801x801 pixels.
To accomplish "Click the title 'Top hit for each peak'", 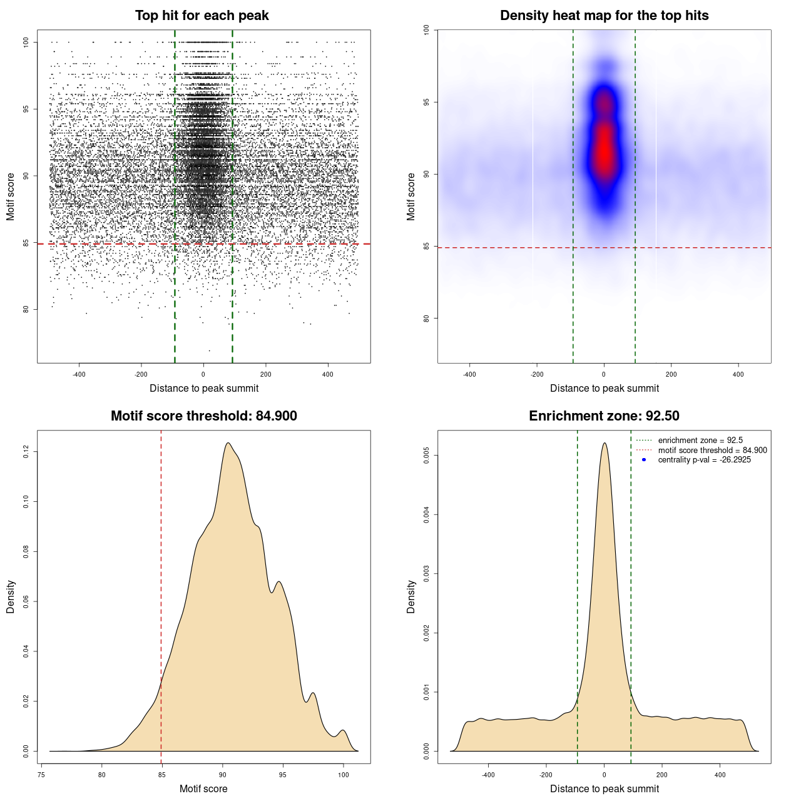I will pyautogui.click(x=202, y=16).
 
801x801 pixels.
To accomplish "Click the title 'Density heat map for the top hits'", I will pyautogui.click(x=604, y=16).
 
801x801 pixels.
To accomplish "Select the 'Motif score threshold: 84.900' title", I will pyautogui.click(x=203, y=416).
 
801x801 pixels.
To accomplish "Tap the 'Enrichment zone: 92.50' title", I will pyautogui.click(x=604, y=416).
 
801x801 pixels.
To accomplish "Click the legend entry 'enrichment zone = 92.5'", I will pyautogui.click(x=700, y=441).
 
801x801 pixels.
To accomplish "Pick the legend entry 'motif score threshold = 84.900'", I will pyautogui.click(x=712, y=451).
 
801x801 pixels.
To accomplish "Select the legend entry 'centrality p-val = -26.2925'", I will pyautogui.click(x=704, y=460).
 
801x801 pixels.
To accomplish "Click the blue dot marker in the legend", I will pyautogui.click(x=644, y=460).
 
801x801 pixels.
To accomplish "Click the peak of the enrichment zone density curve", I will pyautogui.click(x=605, y=443).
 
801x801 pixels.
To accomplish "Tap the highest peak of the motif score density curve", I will pyautogui.click(x=228, y=443).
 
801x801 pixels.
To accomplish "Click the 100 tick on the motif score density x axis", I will pyautogui.click(x=343, y=775).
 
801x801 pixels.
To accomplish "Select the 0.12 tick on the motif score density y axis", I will pyautogui.click(x=26, y=451).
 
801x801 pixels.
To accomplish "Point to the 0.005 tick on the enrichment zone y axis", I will pyautogui.click(x=426, y=456).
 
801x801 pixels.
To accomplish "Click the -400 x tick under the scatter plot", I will pyautogui.click(x=79, y=374).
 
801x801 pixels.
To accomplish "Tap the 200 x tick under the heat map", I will pyautogui.click(x=671, y=374).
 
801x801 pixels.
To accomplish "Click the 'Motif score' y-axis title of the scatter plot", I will pyautogui.click(x=11, y=196).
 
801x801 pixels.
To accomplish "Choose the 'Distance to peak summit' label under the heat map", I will pyautogui.click(x=604, y=389).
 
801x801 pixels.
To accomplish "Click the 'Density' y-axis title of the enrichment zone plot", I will pyautogui.click(x=411, y=596).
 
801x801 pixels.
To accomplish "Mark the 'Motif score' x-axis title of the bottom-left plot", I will pyautogui.click(x=203, y=789).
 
